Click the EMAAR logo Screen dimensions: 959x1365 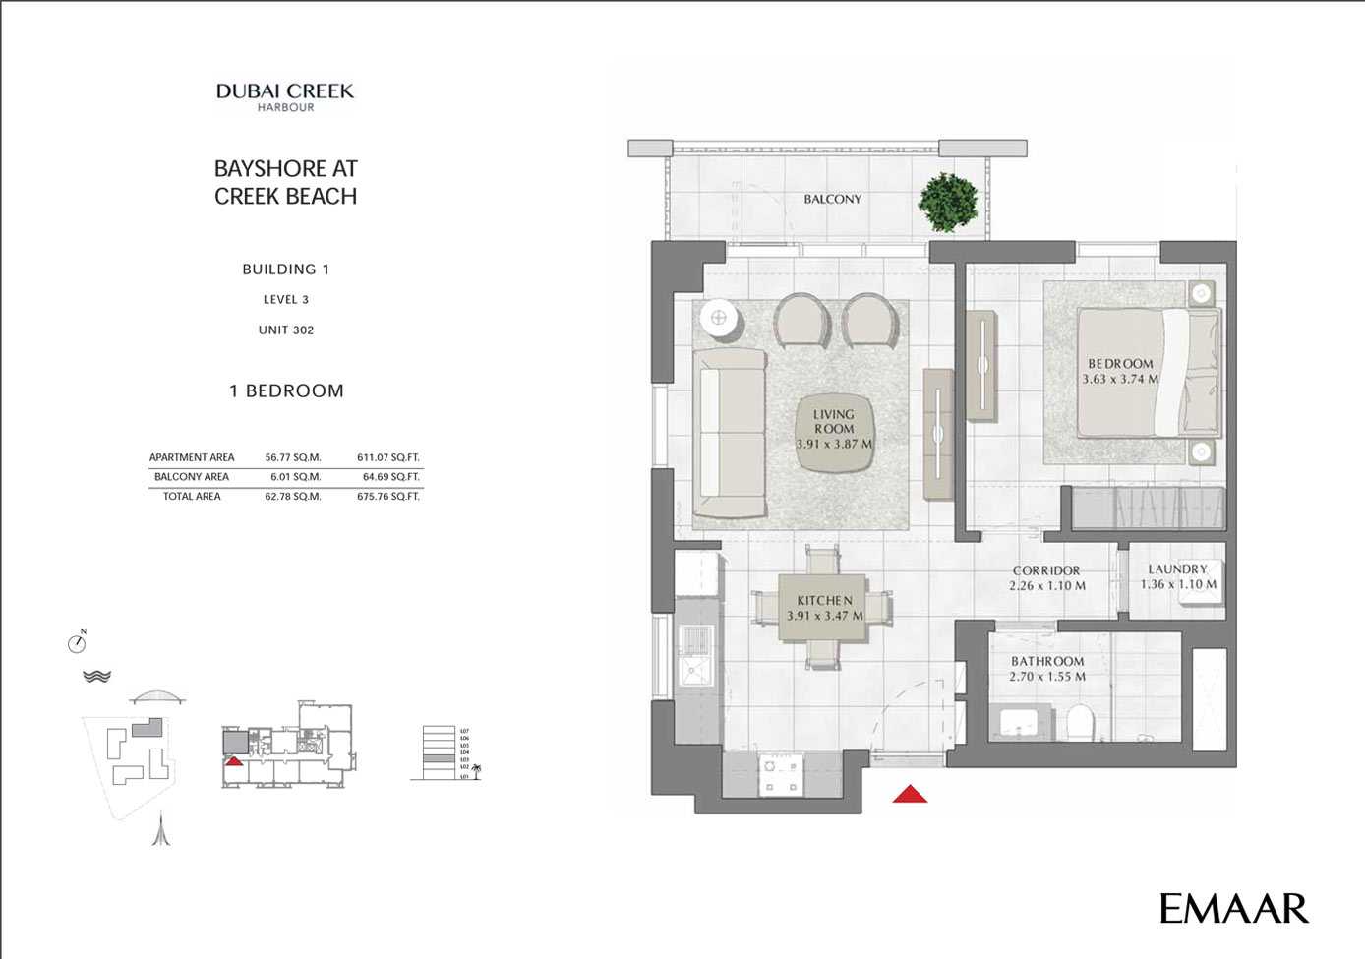(1233, 908)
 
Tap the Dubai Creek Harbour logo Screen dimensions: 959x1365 (285, 96)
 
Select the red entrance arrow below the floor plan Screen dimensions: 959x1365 (910, 794)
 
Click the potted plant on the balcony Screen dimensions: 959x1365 (948, 202)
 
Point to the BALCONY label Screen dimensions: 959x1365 (832, 199)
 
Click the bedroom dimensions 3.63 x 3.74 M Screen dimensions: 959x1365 (1120, 379)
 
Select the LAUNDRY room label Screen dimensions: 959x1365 (1177, 569)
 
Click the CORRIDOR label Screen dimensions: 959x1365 (1046, 570)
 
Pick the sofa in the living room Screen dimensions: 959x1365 (730, 433)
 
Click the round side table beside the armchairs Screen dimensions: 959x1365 (719, 318)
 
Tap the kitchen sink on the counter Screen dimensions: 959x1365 (698, 673)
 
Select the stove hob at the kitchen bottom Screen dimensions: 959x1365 (782, 775)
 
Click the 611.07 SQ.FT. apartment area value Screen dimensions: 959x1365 (387, 457)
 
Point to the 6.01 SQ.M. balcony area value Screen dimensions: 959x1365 (295, 477)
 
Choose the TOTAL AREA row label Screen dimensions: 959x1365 (192, 497)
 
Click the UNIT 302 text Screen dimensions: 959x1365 (286, 330)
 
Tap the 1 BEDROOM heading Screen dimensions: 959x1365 (286, 390)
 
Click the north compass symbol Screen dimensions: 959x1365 (77, 643)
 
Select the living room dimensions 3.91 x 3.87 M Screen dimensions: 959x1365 (834, 444)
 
